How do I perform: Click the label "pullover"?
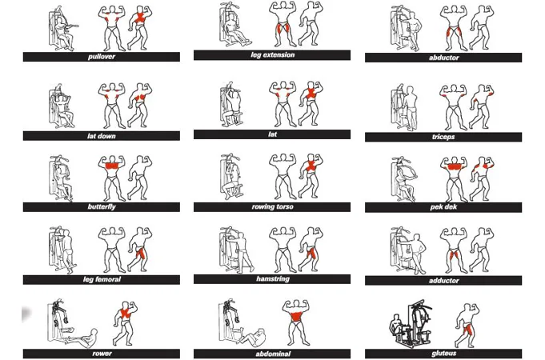pos(102,57)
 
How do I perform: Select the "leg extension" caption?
pos(272,55)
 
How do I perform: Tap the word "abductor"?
pos(443,58)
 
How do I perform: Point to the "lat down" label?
pos(102,136)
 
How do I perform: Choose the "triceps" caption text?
pos(443,137)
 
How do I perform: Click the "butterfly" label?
pos(102,206)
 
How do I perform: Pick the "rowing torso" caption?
pos(272,206)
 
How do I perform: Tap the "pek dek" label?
pos(443,207)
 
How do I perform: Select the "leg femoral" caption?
pos(102,279)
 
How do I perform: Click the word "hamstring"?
pos(272,278)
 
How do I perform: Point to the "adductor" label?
pos(443,281)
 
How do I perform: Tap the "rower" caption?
pos(102,354)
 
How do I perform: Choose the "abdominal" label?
pos(272,354)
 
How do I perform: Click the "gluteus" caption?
pos(443,354)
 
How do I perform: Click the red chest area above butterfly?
pos(112,166)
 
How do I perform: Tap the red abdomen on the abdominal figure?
pos(296,317)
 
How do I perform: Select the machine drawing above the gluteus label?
pos(411,323)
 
